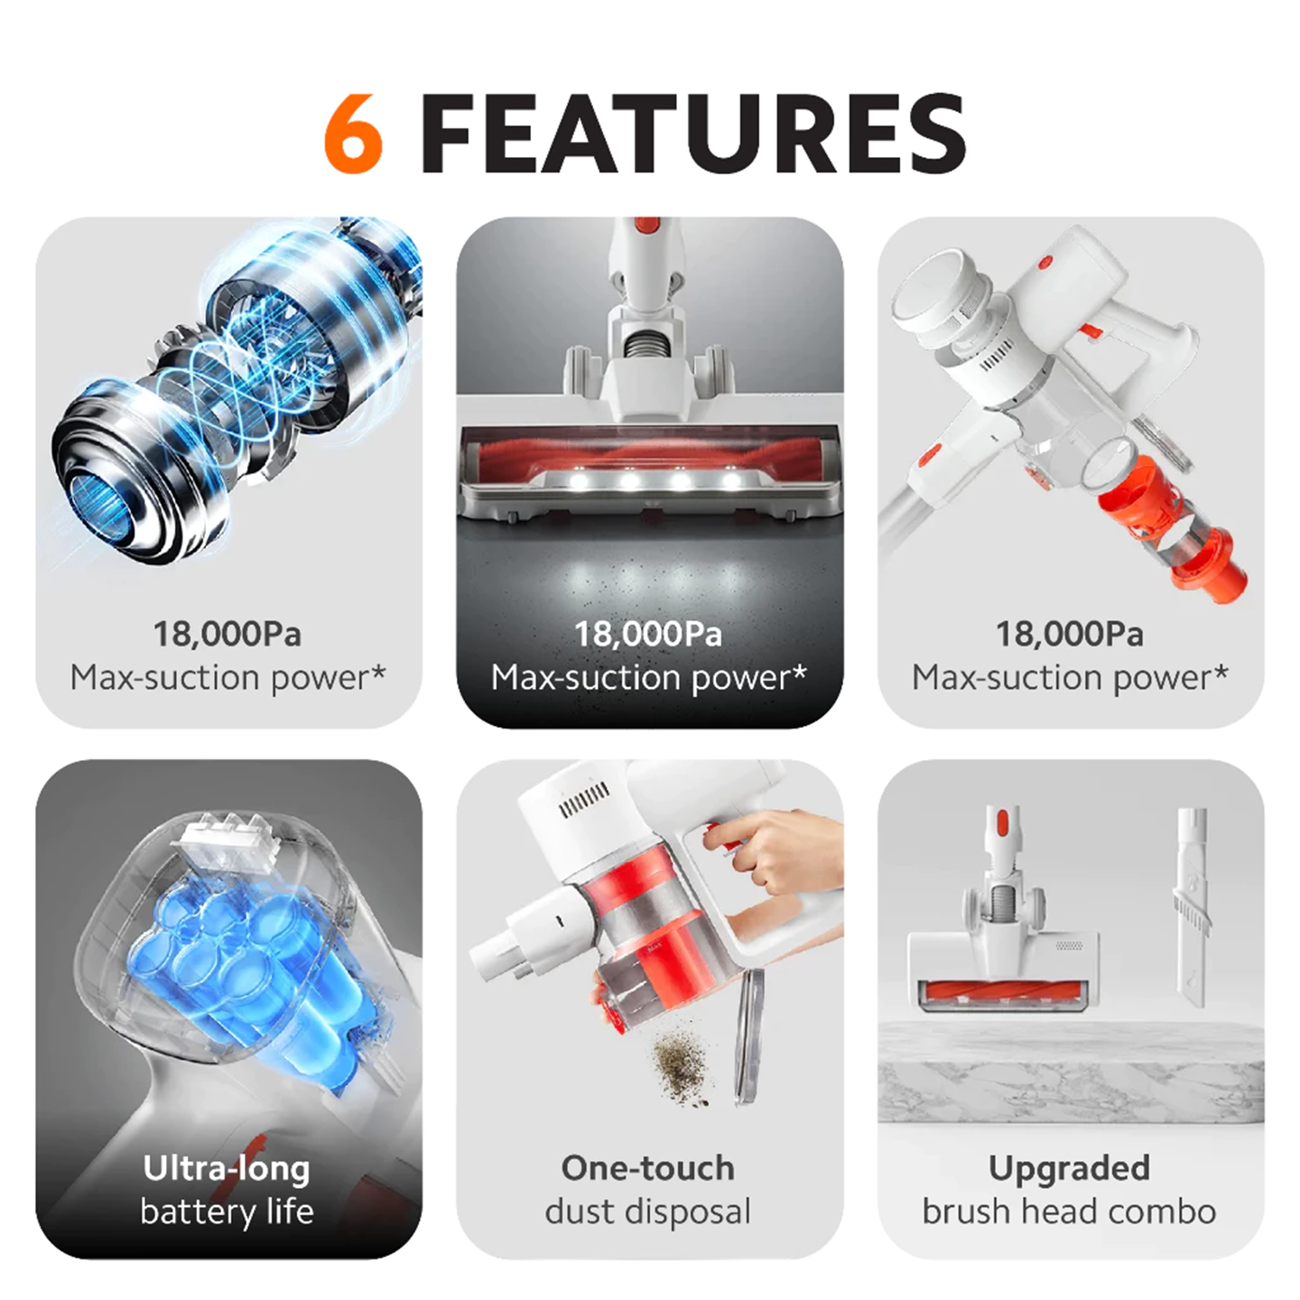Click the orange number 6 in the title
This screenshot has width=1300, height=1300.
pos(354,134)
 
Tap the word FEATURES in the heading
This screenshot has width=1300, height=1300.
pos(692,134)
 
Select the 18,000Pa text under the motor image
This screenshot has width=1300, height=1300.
pos(227,634)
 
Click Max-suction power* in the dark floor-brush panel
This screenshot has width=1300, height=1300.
pos(648,677)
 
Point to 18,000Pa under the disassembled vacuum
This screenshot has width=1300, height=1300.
pos(1070,634)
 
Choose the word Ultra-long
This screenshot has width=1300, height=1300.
pos(227,1168)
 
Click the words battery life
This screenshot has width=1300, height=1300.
pos(227,1212)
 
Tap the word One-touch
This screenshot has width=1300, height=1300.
pos(648,1168)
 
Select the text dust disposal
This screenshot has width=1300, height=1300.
pos(648,1212)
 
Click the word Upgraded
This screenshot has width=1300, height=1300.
pos(1070,1168)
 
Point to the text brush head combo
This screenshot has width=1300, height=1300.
pos(1070,1212)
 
